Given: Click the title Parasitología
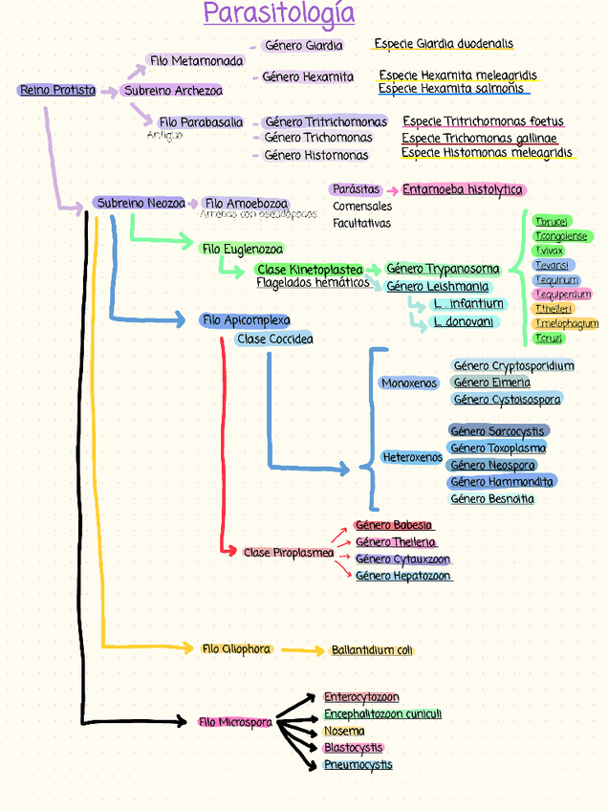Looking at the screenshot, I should (279, 15).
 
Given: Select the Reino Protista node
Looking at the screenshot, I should (57, 90).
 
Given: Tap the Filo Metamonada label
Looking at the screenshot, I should (196, 61).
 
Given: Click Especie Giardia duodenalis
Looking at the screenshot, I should (444, 44).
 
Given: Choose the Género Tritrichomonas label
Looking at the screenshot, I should (325, 122).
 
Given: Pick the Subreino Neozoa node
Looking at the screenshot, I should (141, 203).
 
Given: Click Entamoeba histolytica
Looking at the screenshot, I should (463, 189).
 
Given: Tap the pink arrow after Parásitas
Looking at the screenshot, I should (392, 190).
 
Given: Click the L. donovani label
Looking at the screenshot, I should (463, 322).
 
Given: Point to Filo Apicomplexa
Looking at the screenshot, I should (245, 320).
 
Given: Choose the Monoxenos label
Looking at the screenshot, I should (408, 384).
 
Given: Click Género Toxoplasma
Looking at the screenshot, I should (498, 449).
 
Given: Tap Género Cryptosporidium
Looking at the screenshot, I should (513, 366).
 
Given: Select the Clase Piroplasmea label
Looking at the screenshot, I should (288, 553).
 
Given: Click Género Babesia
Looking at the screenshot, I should (393, 525).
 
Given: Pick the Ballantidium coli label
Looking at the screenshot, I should (372, 650).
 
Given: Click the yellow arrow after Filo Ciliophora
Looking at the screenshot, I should (303, 651).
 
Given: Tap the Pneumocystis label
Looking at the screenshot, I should (358, 765).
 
